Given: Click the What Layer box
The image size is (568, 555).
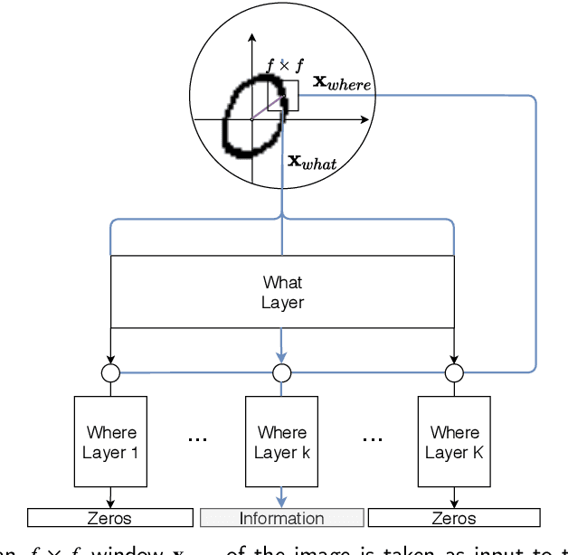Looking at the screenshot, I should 281,292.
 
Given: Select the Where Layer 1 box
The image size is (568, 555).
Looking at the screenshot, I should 110,442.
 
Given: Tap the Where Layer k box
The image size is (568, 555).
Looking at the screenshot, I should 281,442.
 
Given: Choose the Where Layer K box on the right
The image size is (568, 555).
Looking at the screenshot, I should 453,442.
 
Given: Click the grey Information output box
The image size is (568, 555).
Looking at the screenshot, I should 281,518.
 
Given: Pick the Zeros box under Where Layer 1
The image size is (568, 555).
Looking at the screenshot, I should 110,518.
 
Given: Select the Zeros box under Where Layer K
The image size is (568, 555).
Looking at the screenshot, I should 453,518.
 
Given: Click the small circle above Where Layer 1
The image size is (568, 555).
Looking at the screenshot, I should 110,372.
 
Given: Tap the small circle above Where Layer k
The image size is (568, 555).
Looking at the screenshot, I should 281,372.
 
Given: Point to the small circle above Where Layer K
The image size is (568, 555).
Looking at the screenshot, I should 453,372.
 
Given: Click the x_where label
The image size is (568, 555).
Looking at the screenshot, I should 341,82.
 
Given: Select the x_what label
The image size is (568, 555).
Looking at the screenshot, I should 311,162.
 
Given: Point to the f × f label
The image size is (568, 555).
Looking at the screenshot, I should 284,65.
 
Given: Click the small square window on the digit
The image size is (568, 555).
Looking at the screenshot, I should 289,96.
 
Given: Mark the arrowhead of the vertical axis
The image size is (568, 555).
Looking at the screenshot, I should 251,39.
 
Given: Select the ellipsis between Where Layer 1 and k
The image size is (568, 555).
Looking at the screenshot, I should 197,439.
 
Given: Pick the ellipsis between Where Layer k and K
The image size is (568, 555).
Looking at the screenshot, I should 371,439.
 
